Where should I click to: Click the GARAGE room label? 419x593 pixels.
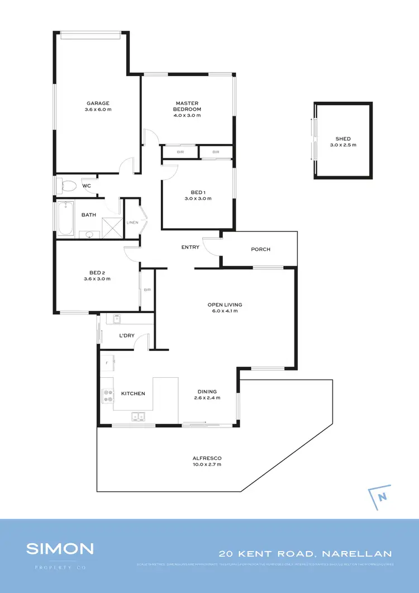click(x=98, y=103)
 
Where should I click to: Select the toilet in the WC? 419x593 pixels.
click(x=69, y=186)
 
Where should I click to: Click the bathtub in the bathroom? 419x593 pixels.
click(x=66, y=219)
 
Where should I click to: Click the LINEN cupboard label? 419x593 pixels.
click(x=132, y=222)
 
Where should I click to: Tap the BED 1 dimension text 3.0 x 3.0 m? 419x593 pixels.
click(x=198, y=198)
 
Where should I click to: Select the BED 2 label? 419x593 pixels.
click(x=97, y=272)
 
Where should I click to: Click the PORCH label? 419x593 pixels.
click(x=260, y=249)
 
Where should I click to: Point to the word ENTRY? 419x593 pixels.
click(x=191, y=247)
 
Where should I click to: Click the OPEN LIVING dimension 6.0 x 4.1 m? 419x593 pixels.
click(x=225, y=311)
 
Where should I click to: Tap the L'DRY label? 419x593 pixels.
click(x=126, y=336)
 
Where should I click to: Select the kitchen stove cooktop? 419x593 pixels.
click(x=106, y=396)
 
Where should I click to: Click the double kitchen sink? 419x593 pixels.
click(x=137, y=416)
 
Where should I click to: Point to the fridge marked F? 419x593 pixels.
click(x=107, y=363)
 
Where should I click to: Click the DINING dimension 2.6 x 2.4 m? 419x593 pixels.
click(x=207, y=398)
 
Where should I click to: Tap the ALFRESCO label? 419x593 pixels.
click(x=207, y=458)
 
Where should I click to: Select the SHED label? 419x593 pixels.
click(x=343, y=139)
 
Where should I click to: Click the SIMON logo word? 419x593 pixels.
click(x=60, y=548)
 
